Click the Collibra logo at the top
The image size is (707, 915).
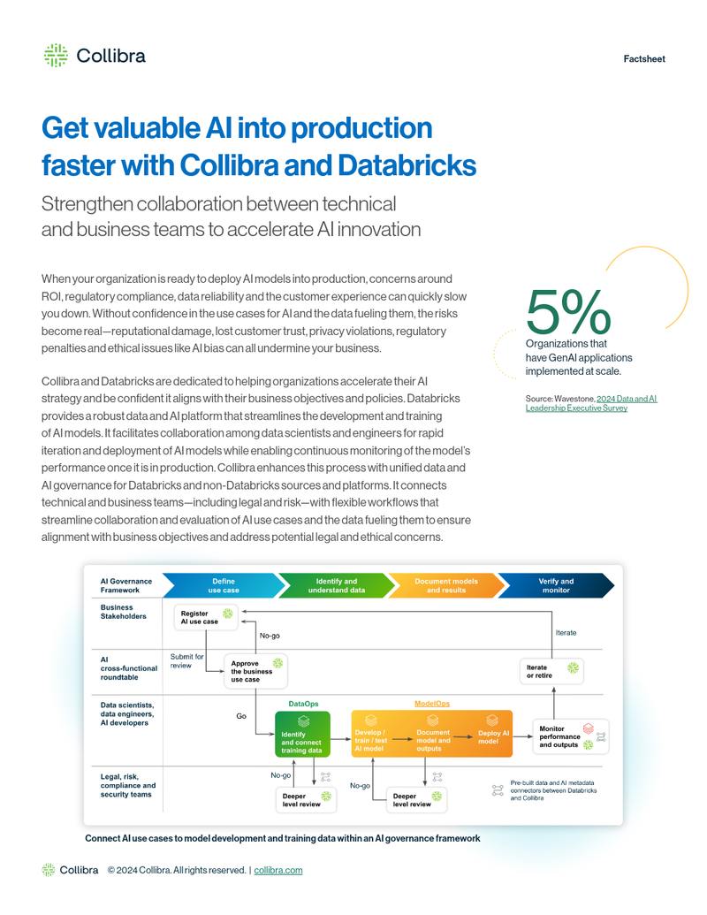[x=95, y=56]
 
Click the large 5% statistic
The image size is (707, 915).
[x=566, y=311]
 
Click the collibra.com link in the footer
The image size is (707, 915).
[x=277, y=870]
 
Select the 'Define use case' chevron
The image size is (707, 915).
[x=222, y=585]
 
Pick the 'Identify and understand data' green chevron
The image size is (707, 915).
[x=336, y=585]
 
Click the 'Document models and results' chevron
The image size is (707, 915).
[x=445, y=585]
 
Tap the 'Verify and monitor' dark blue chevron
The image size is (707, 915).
[x=555, y=585]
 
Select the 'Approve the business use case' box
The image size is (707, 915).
[x=254, y=670]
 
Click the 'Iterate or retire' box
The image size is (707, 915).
[x=551, y=671]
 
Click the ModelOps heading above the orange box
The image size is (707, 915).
[x=432, y=704]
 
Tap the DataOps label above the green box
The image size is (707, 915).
[x=303, y=704]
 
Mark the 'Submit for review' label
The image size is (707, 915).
[x=186, y=660]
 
